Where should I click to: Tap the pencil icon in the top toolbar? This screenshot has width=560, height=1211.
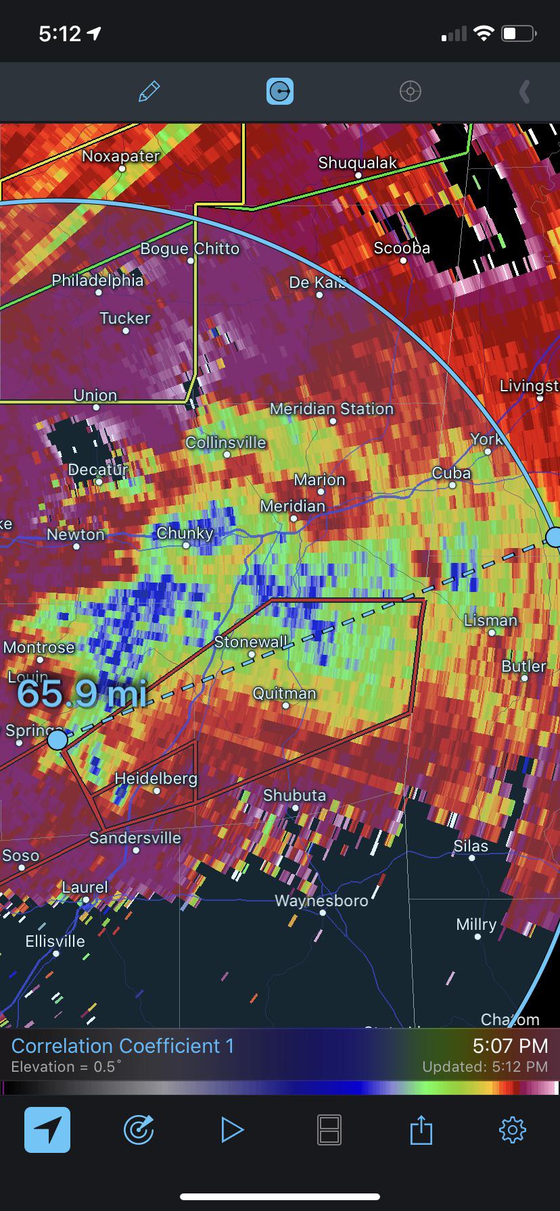click(149, 91)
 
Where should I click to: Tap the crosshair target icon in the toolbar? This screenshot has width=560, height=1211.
click(411, 91)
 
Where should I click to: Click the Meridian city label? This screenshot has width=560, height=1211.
click(292, 506)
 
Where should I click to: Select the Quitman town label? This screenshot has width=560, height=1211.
click(284, 693)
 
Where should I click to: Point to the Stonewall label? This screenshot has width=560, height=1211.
click(250, 642)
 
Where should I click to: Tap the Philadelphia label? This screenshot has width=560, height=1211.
click(97, 280)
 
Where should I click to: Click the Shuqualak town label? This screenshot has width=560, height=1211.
click(357, 163)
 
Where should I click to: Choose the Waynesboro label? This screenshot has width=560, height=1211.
click(321, 901)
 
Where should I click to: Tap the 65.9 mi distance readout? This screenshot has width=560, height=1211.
click(81, 693)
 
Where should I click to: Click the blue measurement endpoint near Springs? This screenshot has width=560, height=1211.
click(57, 740)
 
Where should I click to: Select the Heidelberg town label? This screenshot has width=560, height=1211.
click(156, 778)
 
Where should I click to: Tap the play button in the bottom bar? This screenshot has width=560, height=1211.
click(232, 1129)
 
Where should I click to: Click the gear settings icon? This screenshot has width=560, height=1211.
click(512, 1129)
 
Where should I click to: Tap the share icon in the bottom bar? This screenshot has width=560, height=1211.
click(421, 1129)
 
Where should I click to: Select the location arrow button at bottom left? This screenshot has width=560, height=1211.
click(47, 1129)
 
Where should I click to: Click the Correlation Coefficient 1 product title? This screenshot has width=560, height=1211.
click(122, 1046)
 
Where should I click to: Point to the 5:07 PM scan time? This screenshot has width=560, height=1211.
click(510, 1046)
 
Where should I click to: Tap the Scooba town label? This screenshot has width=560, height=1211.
click(402, 248)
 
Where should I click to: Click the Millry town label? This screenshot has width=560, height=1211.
click(476, 924)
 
